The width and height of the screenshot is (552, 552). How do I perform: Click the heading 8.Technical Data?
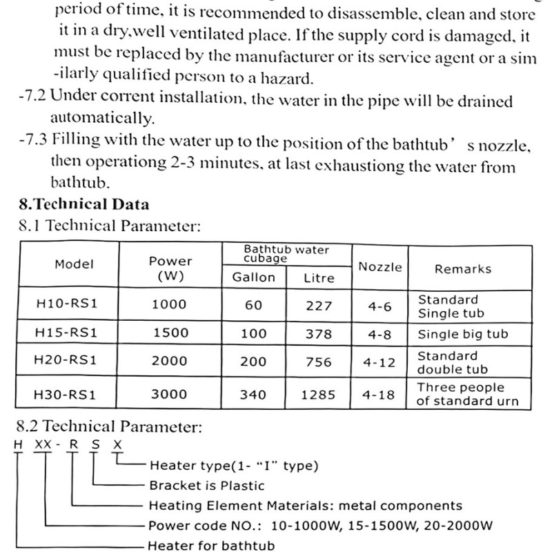(84, 204)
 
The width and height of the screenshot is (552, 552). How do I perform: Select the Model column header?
(74, 264)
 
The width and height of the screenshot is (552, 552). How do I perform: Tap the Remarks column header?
(462, 268)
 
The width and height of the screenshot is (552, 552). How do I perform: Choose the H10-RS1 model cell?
(66, 305)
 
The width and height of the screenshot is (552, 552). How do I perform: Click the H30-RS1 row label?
(66, 395)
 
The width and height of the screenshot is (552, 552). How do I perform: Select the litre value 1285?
(318, 395)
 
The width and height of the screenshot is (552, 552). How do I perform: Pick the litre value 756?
(318, 362)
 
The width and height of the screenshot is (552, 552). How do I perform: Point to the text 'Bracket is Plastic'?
(207, 485)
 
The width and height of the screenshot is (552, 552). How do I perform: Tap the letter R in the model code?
(71, 445)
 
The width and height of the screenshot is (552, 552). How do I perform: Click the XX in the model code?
(43, 445)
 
